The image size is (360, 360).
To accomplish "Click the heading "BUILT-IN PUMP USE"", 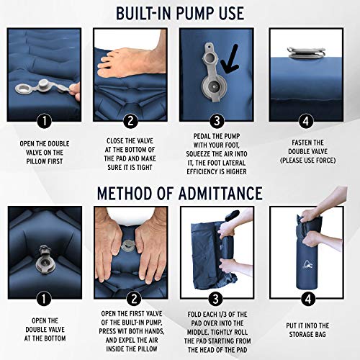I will [180, 13].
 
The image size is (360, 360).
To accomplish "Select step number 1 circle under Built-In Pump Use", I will [45, 120].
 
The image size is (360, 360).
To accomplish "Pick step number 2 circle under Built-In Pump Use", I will [130, 120].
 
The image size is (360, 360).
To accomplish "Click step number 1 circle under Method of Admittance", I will [45, 297].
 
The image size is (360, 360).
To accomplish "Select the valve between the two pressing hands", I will [131, 246].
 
